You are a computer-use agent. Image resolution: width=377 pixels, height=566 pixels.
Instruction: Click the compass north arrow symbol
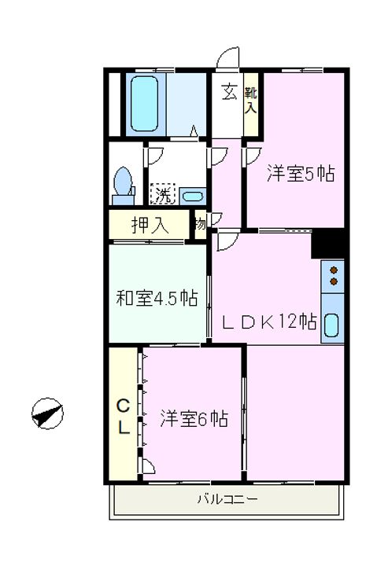click(47, 413)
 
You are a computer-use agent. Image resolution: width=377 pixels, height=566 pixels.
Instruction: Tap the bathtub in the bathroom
click(144, 104)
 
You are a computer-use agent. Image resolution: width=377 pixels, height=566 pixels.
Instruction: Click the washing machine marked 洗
click(163, 194)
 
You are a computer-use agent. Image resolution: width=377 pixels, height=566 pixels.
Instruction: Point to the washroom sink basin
click(193, 197)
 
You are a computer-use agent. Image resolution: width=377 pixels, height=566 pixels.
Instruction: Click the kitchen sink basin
click(332, 325)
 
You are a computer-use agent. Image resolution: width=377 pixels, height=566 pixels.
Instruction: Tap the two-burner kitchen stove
click(333, 276)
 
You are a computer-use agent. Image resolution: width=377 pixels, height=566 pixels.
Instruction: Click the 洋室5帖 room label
click(301, 174)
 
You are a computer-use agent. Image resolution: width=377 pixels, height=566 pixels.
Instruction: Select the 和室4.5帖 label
click(157, 298)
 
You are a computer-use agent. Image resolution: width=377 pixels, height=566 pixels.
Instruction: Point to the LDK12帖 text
click(270, 322)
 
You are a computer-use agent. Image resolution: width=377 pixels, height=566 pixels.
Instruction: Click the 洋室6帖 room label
click(194, 419)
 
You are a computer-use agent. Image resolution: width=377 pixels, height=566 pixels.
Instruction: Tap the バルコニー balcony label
click(227, 499)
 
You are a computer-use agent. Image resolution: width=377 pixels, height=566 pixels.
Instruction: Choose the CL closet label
click(124, 417)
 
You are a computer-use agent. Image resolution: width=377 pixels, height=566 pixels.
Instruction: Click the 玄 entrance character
click(229, 92)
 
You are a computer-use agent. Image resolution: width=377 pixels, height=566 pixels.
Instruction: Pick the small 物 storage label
click(200, 224)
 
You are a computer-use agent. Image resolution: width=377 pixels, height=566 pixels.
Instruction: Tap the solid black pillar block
click(328, 244)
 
